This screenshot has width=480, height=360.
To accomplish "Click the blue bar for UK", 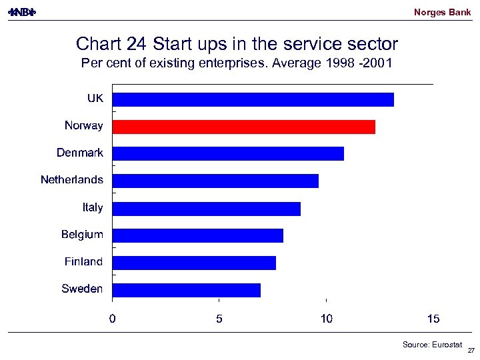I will pyautogui.click(x=253, y=99).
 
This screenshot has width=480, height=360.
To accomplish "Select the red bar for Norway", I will pyautogui.click(x=244, y=127).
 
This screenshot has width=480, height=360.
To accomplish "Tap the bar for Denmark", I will pyautogui.click(x=228, y=153).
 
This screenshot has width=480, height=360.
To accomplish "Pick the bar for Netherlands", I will pyautogui.click(x=215, y=181).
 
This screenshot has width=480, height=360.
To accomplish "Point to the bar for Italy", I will pyautogui.click(x=207, y=208).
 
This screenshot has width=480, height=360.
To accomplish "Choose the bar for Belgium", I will pyautogui.click(x=198, y=235).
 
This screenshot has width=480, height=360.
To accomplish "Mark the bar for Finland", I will pyautogui.click(x=194, y=263).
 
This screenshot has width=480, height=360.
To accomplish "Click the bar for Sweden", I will pyautogui.click(x=187, y=290).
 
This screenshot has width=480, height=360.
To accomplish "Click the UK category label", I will pyautogui.click(x=95, y=98).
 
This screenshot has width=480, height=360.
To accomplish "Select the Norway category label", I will pyautogui.click(x=84, y=125).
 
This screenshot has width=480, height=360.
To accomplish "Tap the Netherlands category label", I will pyautogui.click(x=72, y=179).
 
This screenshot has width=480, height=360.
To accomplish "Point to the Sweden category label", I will pyautogui.click(x=82, y=289).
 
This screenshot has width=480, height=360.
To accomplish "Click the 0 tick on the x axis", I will pyautogui.click(x=113, y=319).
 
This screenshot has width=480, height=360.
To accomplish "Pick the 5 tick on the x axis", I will pyautogui.click(x=219, y=319).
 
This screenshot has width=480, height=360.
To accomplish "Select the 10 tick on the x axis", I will pyautogui.click(x=326, y=319).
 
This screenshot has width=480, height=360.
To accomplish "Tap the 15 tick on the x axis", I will pyautogui.click(x=433, y=319).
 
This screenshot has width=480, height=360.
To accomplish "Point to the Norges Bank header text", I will pyautogui.click(x=442, y=12).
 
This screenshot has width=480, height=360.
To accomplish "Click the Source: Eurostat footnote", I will pyautogui.click(x=432, y=344).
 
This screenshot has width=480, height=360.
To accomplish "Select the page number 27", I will pyautogui.click(x=471, y=351).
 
